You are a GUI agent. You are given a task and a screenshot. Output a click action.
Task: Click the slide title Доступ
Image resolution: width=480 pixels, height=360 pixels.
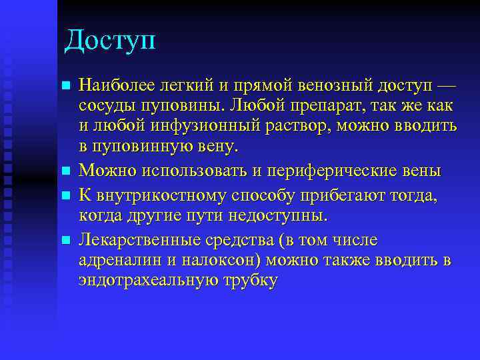coord(110,41)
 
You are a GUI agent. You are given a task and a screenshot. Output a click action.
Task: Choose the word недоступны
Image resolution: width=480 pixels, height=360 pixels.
coord(279,216)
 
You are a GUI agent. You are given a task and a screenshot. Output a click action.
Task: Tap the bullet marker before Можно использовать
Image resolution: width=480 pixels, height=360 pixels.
coord(65,171)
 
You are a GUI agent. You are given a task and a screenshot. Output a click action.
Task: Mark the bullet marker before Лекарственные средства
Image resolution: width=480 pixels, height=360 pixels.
coord(65,240)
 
